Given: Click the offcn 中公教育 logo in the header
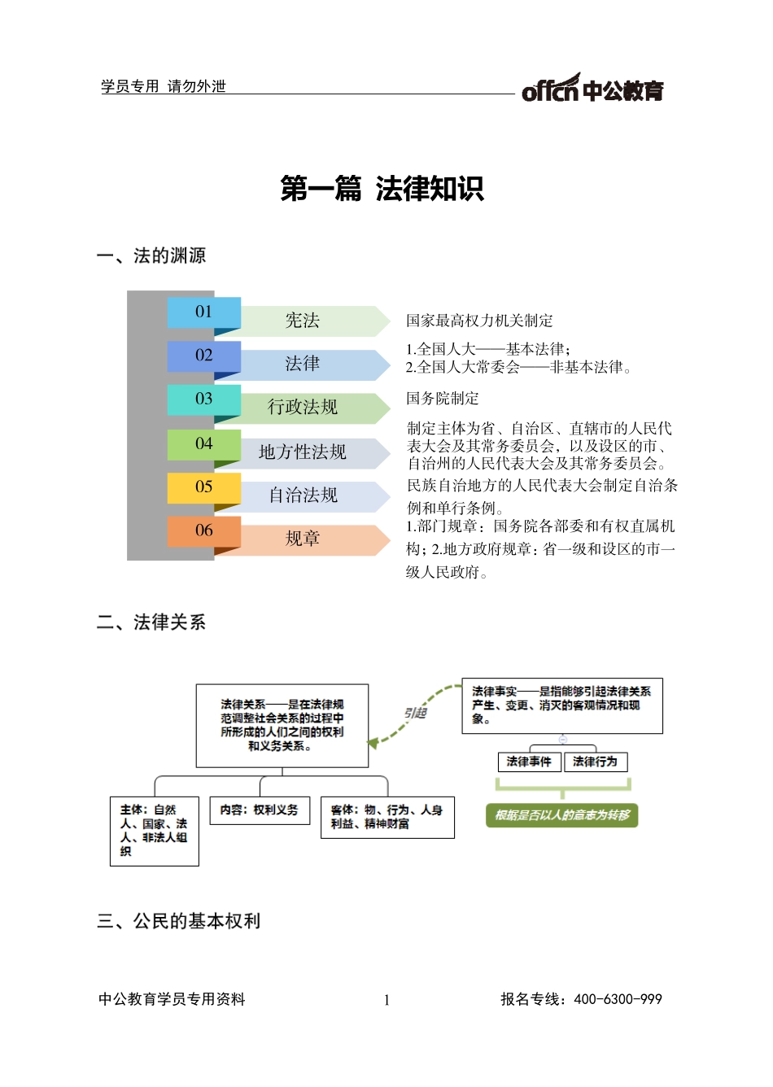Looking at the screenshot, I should pyautogui.click(x=592, y=89).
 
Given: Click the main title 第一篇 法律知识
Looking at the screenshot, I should pyautogui.click(x=382, y=189).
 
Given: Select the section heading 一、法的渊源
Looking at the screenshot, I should pyautogui.click(x=151, y=255).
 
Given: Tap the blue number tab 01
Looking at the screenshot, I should pyautogui.click(x=203, y=312).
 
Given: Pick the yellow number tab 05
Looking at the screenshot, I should pyautogui.click(x=203, y=487).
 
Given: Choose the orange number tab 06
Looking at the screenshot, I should pyautogui.click(x=203, y=530).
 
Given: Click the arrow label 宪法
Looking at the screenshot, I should pyautogui.click(x=303, y=321).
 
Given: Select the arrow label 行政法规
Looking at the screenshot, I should pyautogui.click(x=303, y=408).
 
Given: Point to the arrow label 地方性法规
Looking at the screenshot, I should pyautogui.click(x=303, y=452).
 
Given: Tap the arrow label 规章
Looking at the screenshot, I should pyautogui.click(x=303, y=539).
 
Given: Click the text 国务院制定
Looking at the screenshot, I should pyautogui.click(x=443, y=399).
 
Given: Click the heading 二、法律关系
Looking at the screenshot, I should pyautogui.click(x=151, y=622).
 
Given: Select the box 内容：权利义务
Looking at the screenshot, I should pyautogui.click(x=260, y=810).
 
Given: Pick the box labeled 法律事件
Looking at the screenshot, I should pyautogui.click(x=529, y=762).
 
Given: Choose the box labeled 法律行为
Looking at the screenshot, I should pyautogui.click(x=595, y=762).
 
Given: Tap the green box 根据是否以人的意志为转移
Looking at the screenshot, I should pyautogui.click(x=562, y=815).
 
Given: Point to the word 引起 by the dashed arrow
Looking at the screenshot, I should pyautogui.click(x=415, y=714).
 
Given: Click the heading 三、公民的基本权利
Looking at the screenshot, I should pyautogui.click(x=179, y=921).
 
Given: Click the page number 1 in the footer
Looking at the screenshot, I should pyautogui.click(x=386, y=1000).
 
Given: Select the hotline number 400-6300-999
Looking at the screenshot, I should pyautogui.click(x=618, y=999).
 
